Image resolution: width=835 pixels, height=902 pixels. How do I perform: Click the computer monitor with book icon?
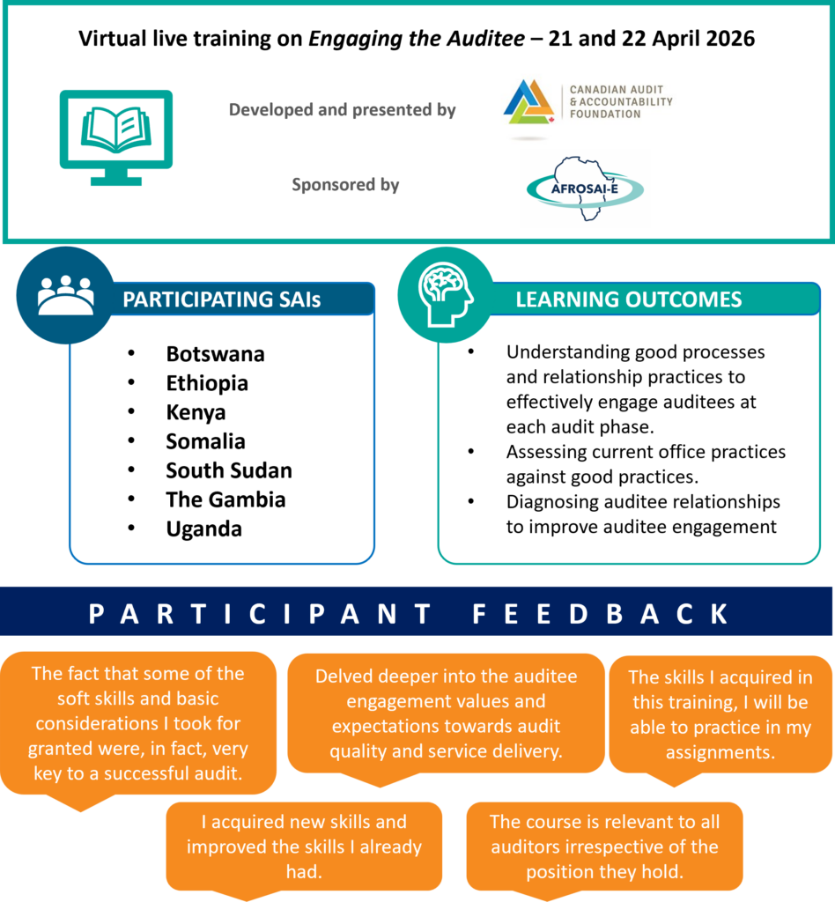pos(116,137)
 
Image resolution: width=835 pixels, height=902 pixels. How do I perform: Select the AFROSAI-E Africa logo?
pos(585,189)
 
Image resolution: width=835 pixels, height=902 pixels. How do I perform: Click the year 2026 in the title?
pos(730,39)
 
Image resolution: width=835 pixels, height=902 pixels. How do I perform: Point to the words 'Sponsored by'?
pos(345,185)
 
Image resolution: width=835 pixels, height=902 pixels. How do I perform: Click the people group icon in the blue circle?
pos(65,295)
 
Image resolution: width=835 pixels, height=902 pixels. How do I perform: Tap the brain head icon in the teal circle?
pos(446,294)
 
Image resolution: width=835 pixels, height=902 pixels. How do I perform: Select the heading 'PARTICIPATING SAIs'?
pos(221,299)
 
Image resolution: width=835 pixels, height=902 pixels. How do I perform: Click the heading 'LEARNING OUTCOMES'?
pos(629,299)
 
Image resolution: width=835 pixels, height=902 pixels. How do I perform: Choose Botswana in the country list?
pos(215,354)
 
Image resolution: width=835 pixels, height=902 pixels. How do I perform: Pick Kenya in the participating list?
pos(196,413)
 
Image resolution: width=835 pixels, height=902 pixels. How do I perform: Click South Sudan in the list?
pos(229,470)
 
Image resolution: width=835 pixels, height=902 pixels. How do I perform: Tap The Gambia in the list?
pos(225,500)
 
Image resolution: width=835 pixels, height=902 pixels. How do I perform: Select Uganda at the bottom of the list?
pos(203,529)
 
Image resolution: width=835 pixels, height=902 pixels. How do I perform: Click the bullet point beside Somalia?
pos(132,440)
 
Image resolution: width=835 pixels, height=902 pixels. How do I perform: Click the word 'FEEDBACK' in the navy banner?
pos(600,614)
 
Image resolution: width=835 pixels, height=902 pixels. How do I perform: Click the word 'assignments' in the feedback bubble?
pos(720,752)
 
